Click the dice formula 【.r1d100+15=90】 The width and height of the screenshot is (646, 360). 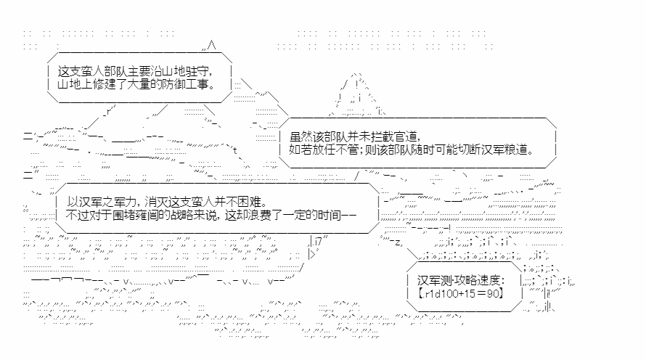(x=461, y=294)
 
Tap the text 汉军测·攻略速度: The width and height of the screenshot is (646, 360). (x=461, y=280)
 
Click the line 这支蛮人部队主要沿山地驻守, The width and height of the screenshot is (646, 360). (x=136, y=71)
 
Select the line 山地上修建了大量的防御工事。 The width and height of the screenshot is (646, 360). (x=136, y=84)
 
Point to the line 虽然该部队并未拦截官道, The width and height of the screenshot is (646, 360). (x=355, y=136)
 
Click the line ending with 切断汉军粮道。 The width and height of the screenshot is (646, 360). (x=412, y=149)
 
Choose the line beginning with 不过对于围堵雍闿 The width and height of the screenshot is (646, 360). (x=211, y=215)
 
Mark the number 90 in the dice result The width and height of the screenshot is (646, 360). (x=492, y=294)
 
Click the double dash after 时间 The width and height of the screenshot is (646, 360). (x=349, y=216)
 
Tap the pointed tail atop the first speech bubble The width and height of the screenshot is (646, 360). (x=210, y=46)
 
